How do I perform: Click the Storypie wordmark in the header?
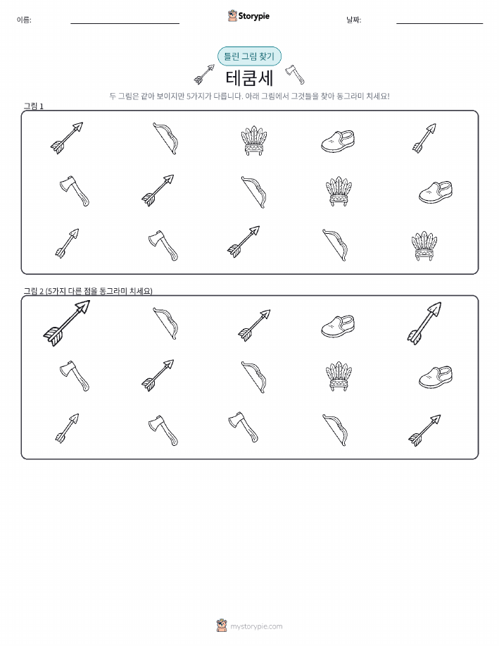pos(254,16)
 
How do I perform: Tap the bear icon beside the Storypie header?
pos(232,15)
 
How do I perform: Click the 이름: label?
pos(24,20)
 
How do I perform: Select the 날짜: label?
pos(354,20)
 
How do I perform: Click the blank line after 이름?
pos(125,23)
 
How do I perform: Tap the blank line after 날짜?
pos(439,23)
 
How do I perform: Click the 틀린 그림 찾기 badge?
pos(249,56)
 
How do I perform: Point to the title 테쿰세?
pos(249,78)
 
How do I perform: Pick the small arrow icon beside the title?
pos(204,74)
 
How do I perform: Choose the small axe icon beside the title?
pos(295,74)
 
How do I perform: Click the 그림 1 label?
pos(33,106)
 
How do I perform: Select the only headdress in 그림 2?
pos(339,376)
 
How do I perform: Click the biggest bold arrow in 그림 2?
pos(67,323)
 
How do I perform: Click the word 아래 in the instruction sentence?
pos(251,97)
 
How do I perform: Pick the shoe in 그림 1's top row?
pos(338,142)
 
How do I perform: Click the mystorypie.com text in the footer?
pos(256,626)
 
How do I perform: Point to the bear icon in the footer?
pos(222,626)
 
